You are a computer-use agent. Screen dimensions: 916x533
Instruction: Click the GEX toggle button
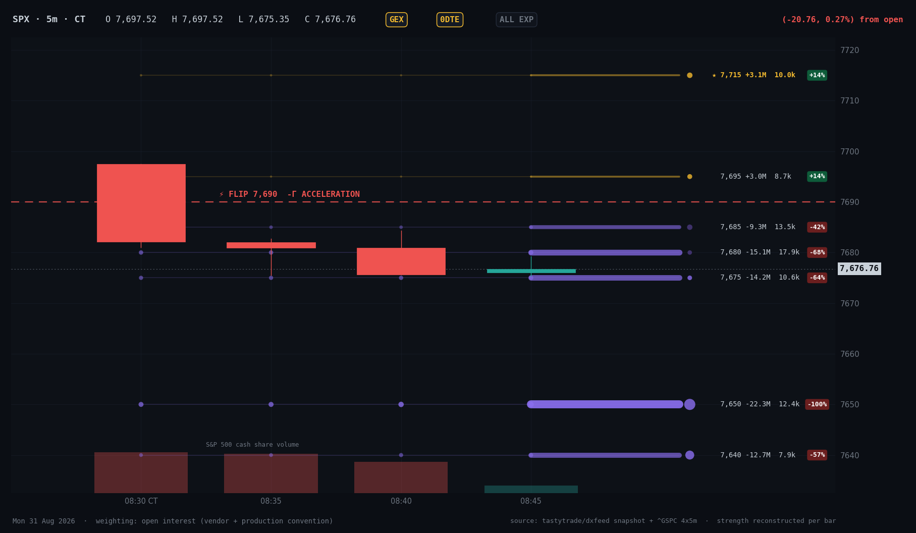coord(396,20)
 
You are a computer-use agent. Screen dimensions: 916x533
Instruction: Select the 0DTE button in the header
coord(450,20)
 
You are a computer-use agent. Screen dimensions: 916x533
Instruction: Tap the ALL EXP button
coord(516,20)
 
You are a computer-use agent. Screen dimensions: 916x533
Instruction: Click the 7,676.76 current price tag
coord(859,269)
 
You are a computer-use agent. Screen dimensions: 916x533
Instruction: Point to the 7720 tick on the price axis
coord(849,50)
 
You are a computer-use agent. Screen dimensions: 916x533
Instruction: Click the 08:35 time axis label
coord(271,501)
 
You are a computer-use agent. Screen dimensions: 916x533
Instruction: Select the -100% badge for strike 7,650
coord(817,404)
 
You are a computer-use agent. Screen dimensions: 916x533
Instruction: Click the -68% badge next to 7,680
coord(817,252)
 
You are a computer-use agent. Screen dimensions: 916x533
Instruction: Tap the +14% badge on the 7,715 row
coord(817,75)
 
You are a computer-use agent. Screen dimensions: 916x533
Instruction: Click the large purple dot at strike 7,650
coord(689,404)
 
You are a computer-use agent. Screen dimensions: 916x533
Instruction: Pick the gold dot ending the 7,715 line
coord(689,75)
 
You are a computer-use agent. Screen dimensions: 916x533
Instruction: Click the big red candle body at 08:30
coord(141,203)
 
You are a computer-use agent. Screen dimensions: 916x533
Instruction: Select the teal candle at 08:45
coord(531,271)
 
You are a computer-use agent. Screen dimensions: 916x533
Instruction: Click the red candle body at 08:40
coord(401,261)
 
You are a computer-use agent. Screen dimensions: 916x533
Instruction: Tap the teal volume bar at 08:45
coord(531,489)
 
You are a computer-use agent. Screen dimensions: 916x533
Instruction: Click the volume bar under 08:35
coord(271,473)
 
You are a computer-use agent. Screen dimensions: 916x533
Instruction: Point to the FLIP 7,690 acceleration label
coord(290,194)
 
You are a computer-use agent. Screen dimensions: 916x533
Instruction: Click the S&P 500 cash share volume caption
coord(252,445)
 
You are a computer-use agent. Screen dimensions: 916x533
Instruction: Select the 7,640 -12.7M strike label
coord(745,455)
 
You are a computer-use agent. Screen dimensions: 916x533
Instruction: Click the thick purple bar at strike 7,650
coord(605,404)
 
